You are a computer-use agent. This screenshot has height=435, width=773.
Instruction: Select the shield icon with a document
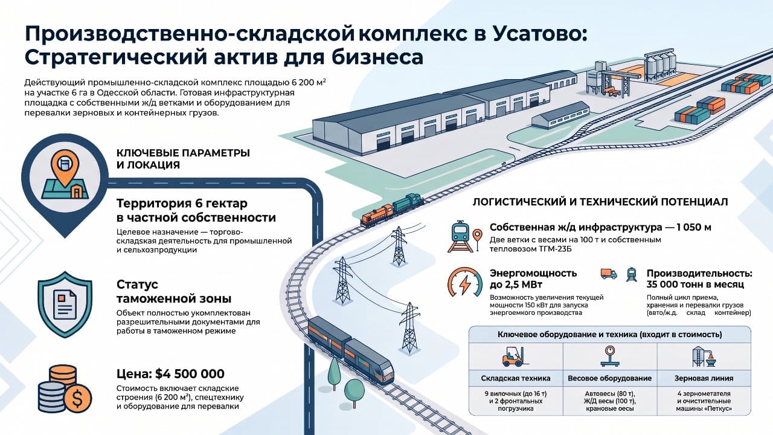pos(65,304)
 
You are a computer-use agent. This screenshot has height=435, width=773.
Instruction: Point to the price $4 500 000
pos(190,373)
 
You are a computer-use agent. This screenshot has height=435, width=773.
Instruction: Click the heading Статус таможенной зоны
pos(174,291)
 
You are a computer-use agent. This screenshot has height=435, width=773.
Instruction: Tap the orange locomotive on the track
pos(377,215)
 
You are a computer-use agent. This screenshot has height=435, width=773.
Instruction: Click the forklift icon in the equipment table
pos(515,356)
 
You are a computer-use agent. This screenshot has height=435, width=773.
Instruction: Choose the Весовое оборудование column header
pos(610,378)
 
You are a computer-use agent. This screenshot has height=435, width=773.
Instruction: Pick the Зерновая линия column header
pos(704,378)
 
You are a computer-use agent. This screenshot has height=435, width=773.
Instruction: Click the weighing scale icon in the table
pos(610,356)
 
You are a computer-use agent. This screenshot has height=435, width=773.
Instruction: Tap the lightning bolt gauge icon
pos(465,282)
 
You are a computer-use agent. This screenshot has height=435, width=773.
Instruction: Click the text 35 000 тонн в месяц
pos(695,285)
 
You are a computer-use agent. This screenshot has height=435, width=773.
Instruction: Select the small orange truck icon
pos(609,274)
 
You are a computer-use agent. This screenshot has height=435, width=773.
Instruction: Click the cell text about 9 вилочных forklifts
pos(516,401)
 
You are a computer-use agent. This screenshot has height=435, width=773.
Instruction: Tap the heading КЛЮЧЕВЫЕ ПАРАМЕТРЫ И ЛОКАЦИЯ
pos(183,159)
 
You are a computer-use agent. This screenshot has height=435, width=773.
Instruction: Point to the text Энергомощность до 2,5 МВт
pos(533,279)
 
